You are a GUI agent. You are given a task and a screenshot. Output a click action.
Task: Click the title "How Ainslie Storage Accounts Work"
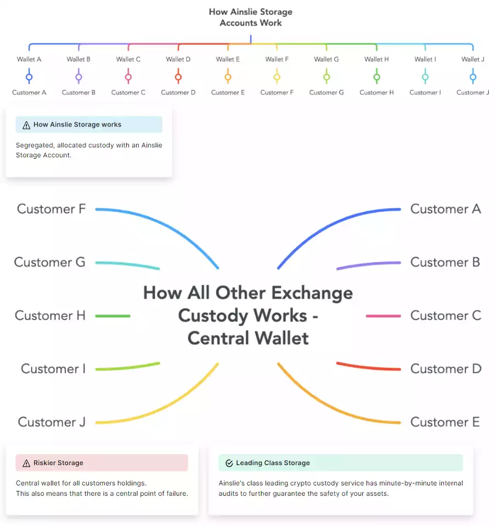(x=251, y=17)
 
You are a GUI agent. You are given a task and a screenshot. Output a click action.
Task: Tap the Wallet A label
(x=29, y=59)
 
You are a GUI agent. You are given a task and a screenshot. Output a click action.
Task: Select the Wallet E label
(x=228, y=59)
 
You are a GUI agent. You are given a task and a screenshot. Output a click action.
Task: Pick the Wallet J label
(x=473, y=59)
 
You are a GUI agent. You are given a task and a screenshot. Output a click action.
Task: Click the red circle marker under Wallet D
(x=178, y=77)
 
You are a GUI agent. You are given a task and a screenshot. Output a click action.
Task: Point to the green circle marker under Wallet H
(x=376, y=77)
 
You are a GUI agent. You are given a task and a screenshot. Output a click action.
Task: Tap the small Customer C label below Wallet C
(x=128, y=93)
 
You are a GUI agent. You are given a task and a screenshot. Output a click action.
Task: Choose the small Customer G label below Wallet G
(x=326, y=93)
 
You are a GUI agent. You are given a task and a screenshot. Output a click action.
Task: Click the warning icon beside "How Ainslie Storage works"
(x=26, y=125)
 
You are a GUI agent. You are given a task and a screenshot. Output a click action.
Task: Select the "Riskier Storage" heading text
(x=58, y=463)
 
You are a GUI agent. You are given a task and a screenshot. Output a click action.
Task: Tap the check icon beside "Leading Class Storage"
(x=229, y=463)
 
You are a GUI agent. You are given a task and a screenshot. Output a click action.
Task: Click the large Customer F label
(x=51, y=209)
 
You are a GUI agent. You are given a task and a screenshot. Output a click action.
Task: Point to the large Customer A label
(x=446, y=209)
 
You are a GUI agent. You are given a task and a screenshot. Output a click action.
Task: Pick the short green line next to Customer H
(x=112, y=316)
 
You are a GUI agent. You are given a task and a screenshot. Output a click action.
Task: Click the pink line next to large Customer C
(x=383, y=316)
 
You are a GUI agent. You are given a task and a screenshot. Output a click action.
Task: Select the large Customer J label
(x=52, y=422)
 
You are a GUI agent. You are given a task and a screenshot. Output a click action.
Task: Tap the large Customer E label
(x=445, y=422)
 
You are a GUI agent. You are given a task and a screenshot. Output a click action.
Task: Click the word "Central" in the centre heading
(x=218, y=338)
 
